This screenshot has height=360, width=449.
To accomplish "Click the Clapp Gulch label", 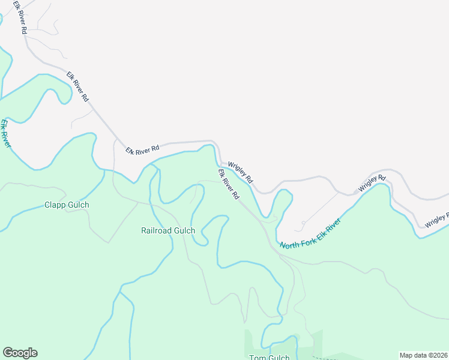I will (67, 205).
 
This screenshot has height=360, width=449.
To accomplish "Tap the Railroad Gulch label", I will (168, 230).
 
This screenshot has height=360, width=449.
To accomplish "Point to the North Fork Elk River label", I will (310, 234).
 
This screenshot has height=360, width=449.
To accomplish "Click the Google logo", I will (20, 353).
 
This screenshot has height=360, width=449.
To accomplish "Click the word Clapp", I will (55, 205).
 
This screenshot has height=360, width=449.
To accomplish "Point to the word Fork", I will (305, 237).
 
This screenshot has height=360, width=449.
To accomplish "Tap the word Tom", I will (257, 358).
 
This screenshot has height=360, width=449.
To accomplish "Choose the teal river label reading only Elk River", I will (5, 133).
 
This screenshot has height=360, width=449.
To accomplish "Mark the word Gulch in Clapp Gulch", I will (78, 205).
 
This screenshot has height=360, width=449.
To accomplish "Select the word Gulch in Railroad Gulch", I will (184, 230).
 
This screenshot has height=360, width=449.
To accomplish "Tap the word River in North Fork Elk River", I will (331, 225).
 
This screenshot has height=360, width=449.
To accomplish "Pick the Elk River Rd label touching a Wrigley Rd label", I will (229, 184).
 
